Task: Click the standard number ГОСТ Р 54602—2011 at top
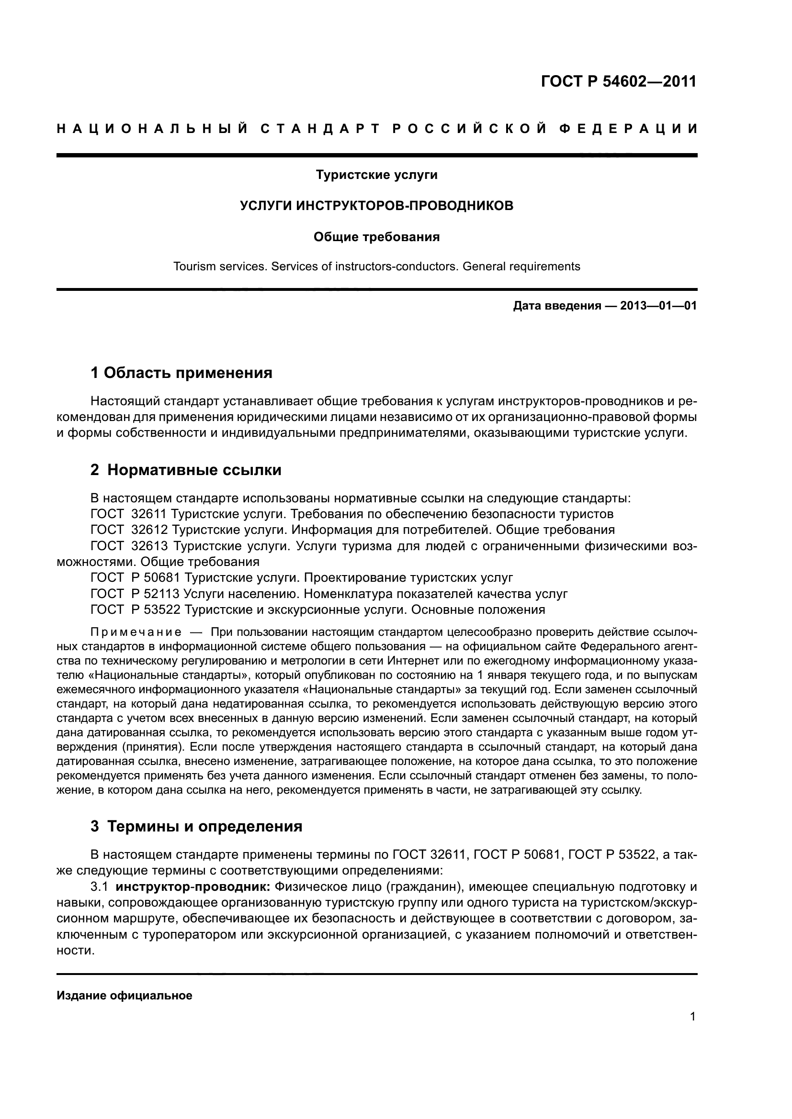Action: click(618, 81)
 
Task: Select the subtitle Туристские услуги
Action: click(376, 175)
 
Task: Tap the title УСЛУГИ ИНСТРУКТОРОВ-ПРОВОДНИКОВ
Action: click(376, 206)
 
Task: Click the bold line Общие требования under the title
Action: click(376, 237)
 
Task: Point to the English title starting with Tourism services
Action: click(376, 266)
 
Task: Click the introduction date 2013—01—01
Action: click(658, 306)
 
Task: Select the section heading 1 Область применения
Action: click(181, 373)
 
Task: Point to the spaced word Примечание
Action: click(136, 632)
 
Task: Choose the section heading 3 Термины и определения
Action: click(196, 826)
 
